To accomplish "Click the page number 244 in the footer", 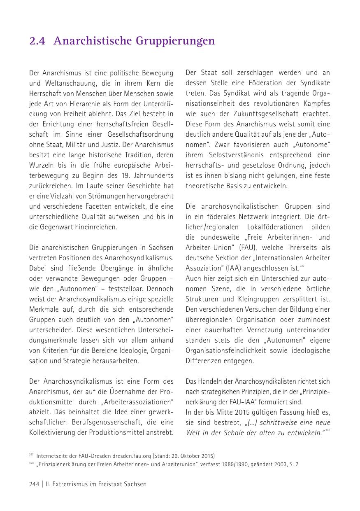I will pyautogui.click(x=34, y=484).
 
